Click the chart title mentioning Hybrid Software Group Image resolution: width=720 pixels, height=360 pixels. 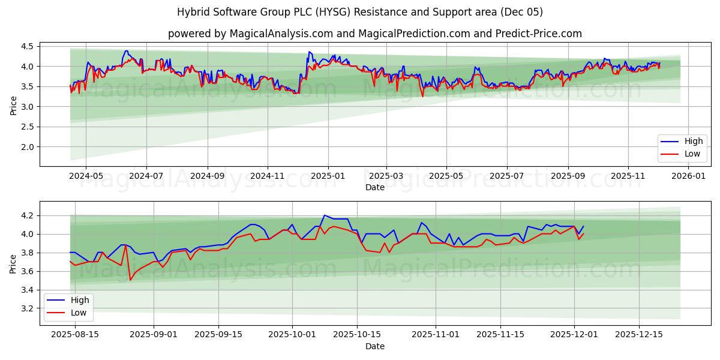[360, 12]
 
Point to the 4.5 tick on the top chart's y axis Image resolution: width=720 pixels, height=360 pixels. [26, 46]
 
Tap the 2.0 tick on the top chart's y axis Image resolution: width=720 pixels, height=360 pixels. [26, 147]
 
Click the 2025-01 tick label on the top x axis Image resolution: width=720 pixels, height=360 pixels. [328, 176]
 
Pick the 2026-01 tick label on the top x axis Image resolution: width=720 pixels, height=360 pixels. [688, 176]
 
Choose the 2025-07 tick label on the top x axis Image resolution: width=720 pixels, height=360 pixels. [507, 176]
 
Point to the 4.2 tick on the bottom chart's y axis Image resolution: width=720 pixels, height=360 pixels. [26, 215]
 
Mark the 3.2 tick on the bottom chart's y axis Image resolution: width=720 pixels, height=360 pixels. [26, 308]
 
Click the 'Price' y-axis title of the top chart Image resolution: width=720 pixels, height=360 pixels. [13, 106]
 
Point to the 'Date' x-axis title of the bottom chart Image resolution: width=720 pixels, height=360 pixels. [375, 346]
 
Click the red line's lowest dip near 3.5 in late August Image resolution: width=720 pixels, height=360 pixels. [130, 280]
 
